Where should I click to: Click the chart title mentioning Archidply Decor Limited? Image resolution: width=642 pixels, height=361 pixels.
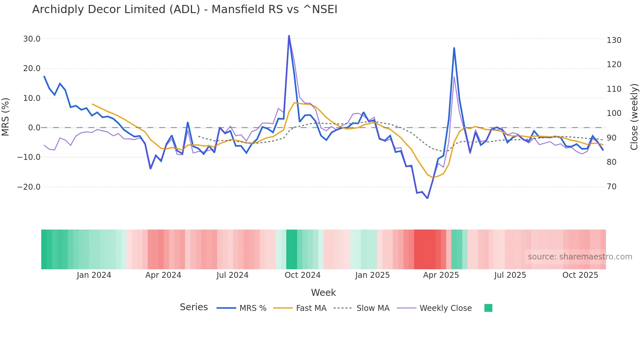coord(184,9)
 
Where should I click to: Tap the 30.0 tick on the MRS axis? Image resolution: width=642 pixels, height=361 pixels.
coord(32,39)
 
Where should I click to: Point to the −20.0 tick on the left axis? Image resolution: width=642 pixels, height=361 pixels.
coord(29,187)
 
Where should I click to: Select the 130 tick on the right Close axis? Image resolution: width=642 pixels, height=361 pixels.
coord(614,40)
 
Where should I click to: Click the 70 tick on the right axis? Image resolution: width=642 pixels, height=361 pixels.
coord(611,187)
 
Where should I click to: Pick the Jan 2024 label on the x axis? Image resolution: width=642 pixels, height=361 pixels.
coord(94,275)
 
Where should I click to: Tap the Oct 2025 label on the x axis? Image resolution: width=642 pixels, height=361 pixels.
coord(580,275)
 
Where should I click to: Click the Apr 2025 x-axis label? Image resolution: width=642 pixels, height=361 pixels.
coord(441,275)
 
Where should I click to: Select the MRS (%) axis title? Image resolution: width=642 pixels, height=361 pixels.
coord(6,117)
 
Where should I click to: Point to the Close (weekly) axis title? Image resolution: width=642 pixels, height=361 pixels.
coord(634,117)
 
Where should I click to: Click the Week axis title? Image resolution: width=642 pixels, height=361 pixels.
coord(323,293)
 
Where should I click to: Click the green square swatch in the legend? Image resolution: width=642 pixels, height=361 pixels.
coord(488,308)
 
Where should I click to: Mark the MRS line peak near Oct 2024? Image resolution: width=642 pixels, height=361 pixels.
coord(289,36)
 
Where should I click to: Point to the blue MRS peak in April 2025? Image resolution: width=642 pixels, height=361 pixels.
coord(454,48)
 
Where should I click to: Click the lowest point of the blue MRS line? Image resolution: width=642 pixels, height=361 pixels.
coord(427,198)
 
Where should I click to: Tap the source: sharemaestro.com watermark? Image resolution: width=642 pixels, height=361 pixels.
coord(580,257)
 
